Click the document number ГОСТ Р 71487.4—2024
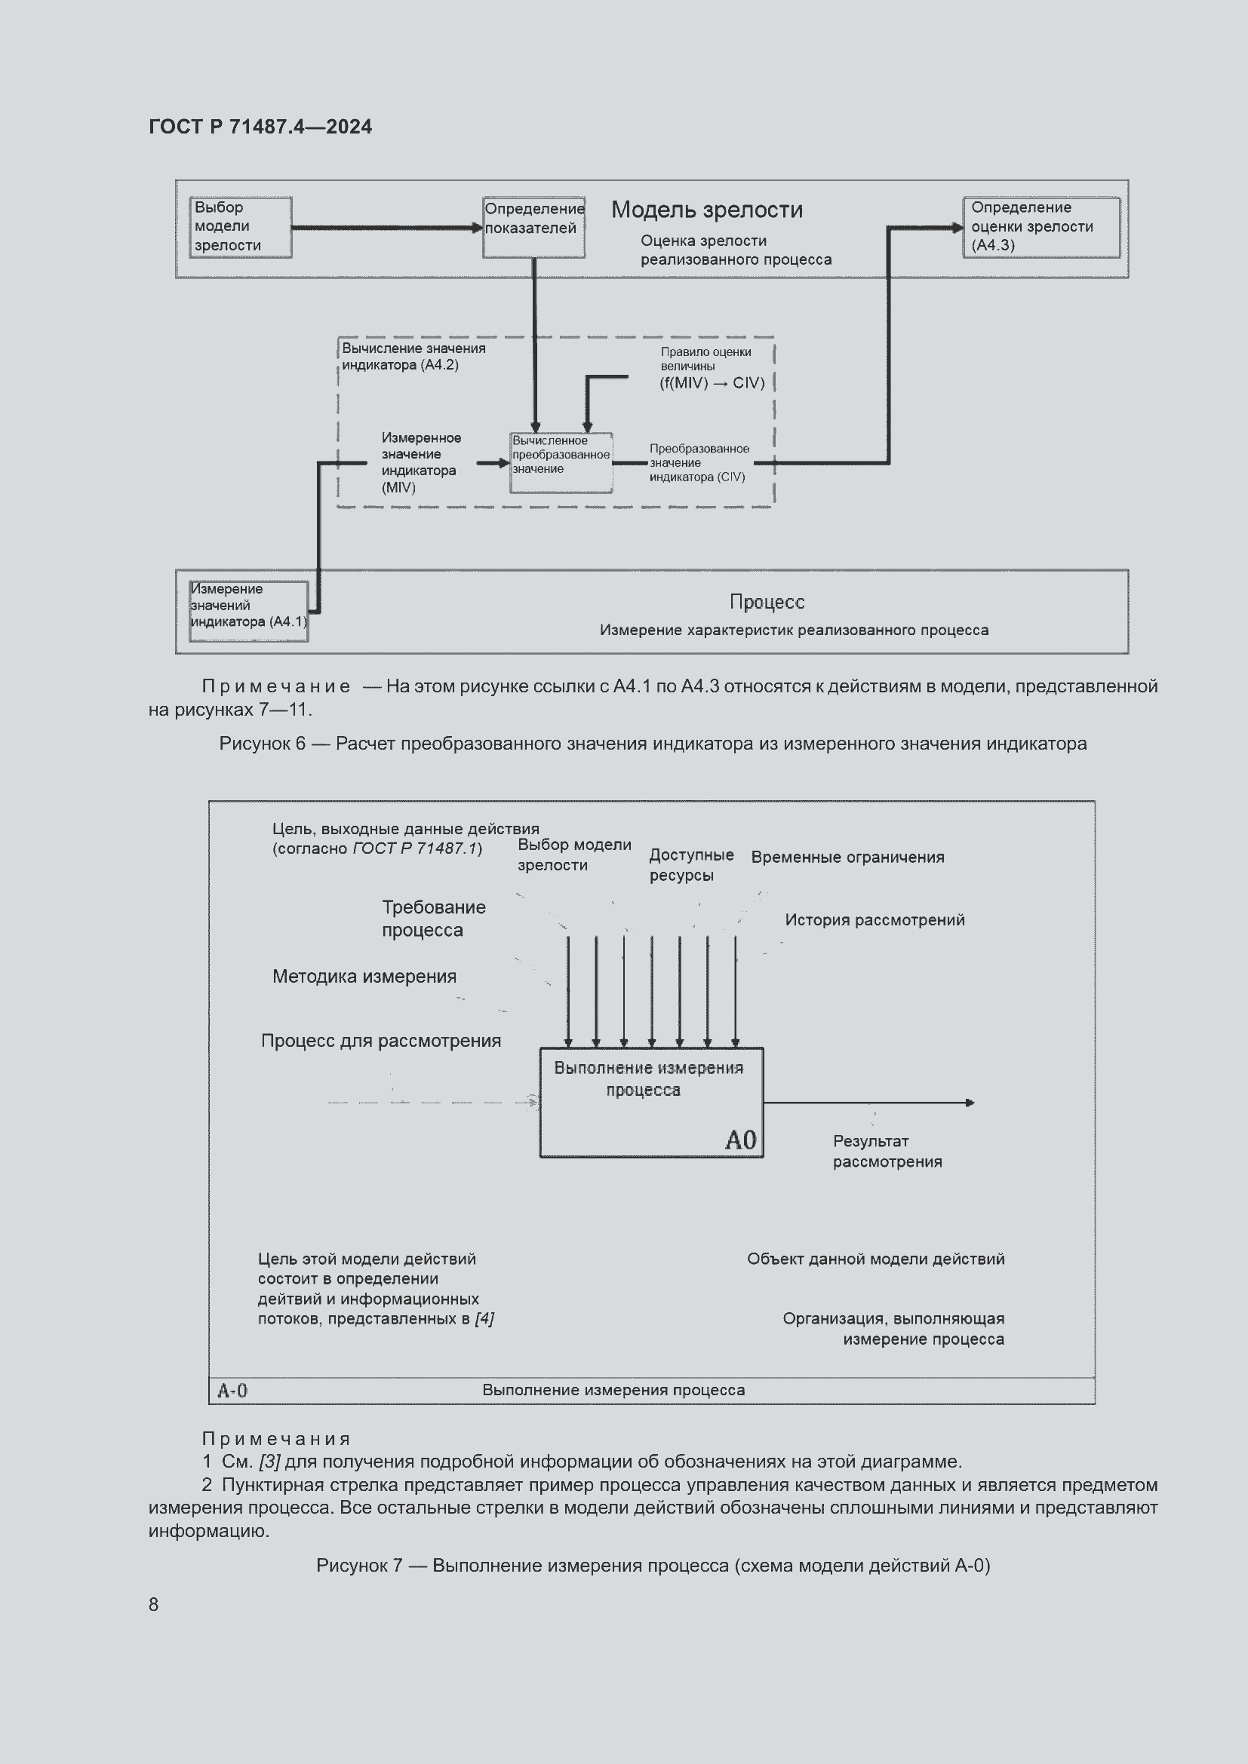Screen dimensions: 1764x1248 tap(260, 127)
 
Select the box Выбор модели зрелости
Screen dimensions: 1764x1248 tap(241, 227)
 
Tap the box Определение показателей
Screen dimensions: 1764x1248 tap(533, 227)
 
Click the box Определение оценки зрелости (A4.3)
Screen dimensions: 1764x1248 tap(1041, 227)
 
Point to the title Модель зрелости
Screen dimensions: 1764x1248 tap(706, 210)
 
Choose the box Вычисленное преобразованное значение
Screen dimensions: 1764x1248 tap(561, 462)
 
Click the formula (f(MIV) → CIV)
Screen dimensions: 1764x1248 tap(712, 382)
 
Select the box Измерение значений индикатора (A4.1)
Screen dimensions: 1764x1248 tap(248, 611)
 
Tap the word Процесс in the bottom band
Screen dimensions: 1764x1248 tap(766, 602)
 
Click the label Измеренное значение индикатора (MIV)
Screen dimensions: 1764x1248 tap(421, 462)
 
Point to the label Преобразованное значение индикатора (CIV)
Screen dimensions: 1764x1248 tap(699, 462)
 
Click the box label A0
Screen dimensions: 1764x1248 tap(740, 1140)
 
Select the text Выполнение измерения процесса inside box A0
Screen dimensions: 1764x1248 tap(648, 1078)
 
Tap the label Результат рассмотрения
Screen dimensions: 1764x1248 tap(886, 1151)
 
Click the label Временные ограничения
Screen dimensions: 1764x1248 tap(847, 857)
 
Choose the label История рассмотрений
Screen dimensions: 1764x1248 tap(874, 919)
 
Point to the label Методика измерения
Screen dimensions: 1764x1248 tap(364, 977)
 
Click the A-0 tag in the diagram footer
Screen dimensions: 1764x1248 tap(232, 1390)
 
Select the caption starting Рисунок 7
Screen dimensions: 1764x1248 tap(653, 1565)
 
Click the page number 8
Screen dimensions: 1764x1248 tap(154, 1604)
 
